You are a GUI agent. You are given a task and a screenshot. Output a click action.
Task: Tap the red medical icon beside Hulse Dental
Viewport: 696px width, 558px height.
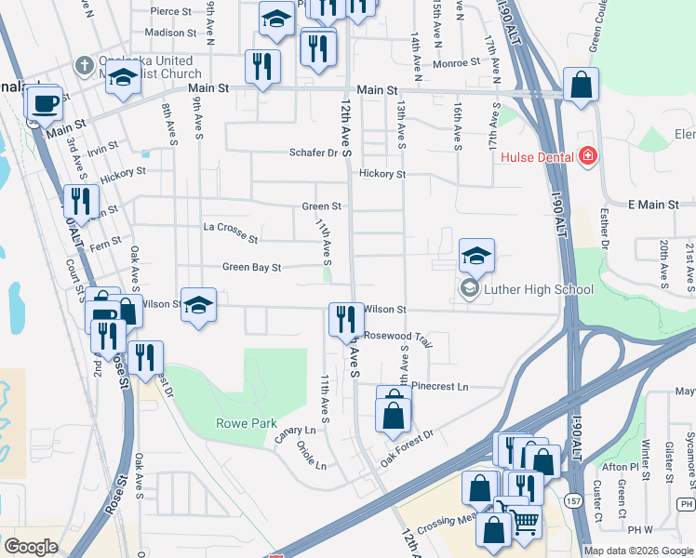pyautogui.click(x=587, y=155)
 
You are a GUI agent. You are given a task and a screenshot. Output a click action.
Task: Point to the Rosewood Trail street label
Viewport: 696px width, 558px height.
pyautogui.click(x=398, y=337)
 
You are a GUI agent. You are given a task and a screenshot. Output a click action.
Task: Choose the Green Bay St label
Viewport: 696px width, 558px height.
pyautogui.click(x=251, y=268)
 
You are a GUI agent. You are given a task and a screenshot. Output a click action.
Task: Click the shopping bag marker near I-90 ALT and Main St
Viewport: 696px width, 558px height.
pyautogui.click(x=581, y=86)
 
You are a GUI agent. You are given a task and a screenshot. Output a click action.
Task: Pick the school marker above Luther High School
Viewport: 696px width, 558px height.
pyautogui.click(x=476, y=255)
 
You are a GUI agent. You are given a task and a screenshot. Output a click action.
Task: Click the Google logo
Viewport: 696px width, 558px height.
pyautogui.click(x=31, y=547)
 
